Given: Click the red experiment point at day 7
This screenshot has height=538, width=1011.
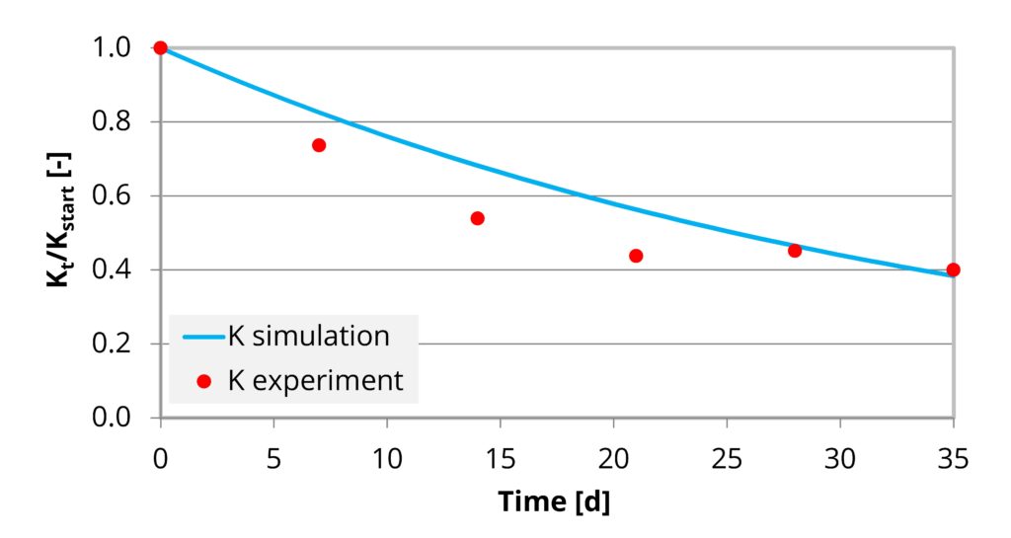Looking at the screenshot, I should pos(319,145).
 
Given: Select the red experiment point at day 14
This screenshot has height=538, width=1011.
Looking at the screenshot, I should pos(477,218).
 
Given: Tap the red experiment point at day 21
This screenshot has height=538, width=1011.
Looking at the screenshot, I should pos(636,256).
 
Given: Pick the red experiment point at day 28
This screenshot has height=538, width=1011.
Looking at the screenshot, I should pos(795,251).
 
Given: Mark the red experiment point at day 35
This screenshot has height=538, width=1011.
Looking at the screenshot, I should pos(953,269).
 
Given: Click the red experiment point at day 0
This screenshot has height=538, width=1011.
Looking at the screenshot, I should pos(160,47).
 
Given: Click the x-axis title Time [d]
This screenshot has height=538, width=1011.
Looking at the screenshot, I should pos(554,501).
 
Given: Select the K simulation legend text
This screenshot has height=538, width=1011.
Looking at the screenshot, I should pos(309,336).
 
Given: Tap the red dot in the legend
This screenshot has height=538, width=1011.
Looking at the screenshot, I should pos(205,381).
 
